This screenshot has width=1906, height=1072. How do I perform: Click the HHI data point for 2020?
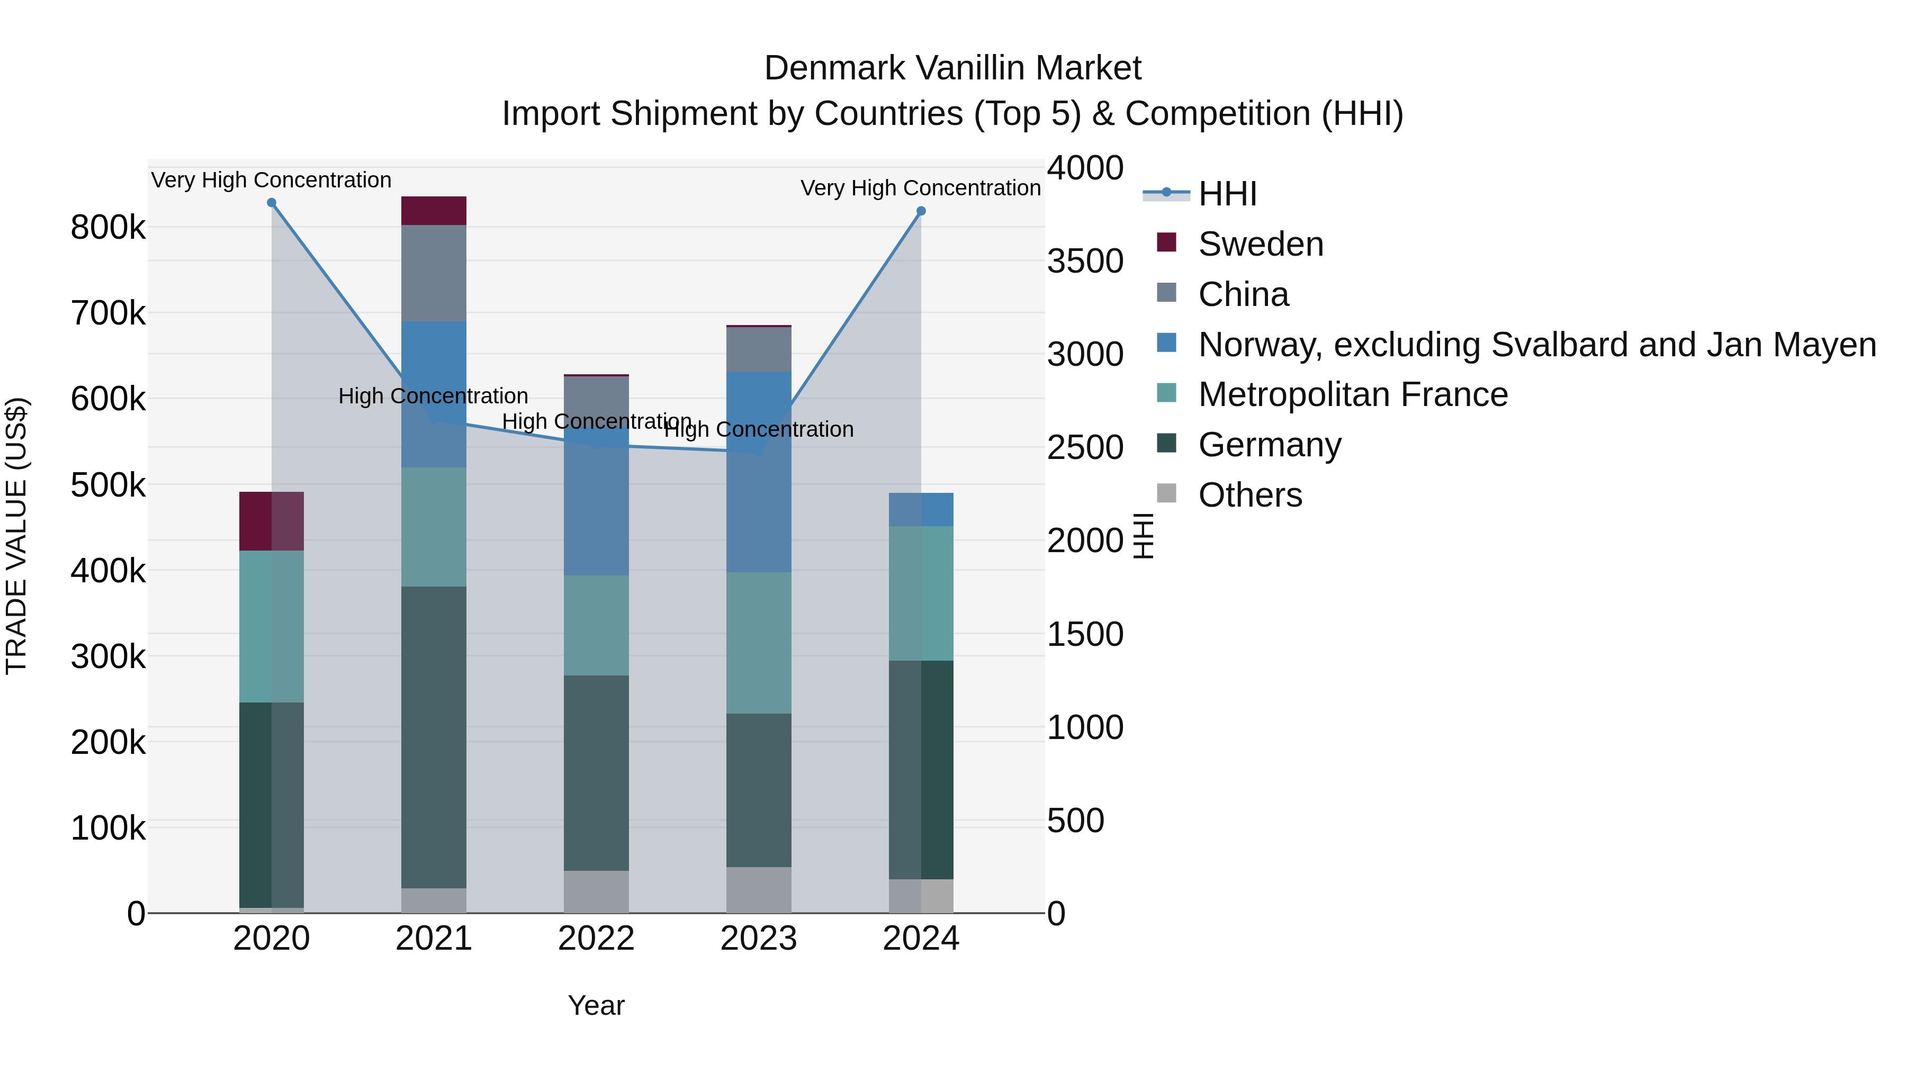pyautogui.click(x=272, y=203)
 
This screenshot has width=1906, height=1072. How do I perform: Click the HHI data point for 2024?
pyautogui.click(x=921, y=211)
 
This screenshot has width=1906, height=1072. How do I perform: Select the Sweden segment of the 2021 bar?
pyautogui.click(x=434, y=211)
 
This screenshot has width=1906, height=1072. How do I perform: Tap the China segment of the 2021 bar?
pyautogui.click(x=434, y=273)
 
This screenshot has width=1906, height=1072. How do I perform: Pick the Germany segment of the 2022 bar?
pyautogui.click(x=596, y=772)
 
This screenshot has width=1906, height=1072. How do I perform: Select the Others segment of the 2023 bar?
pyautogui.click(x=758, y=890)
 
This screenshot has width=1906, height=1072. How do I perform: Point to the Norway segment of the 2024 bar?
pyautogui.click(x=921, y=510)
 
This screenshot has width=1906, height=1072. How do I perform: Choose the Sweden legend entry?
pyautogui.click(x=1260, y=244)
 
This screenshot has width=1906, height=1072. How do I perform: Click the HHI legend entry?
pyautogui.click(x=1227, y=194)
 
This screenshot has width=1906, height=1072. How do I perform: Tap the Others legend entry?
pyautogui.click(x=1249, y=495)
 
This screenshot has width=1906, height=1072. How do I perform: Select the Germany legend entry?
pyautogui.click(x=1269, y=445)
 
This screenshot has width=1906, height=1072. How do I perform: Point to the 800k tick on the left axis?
pyautogui.click(x=108, y=227)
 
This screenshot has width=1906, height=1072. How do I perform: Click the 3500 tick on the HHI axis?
pyautogui.click(x=1085, y=261)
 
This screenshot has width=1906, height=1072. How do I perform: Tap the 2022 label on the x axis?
pyautogui.click(x=596, y=939)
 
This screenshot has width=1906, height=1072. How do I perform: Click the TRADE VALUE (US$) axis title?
pyautogui.click(x=16, y=536)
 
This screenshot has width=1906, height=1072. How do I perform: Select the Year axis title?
pyautogui.click(x=596, y=1005)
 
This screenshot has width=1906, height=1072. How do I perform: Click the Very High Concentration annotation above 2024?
pyautogui.click(x=921, y=188)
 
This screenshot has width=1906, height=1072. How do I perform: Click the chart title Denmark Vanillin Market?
pyautogui.click(x=952, y=68)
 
